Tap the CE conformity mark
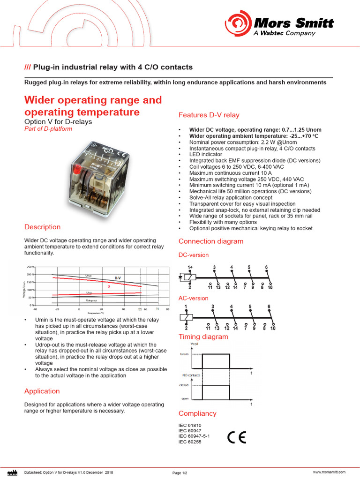[236, 437]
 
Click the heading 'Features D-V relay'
[209, 115]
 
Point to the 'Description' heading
[42, 227]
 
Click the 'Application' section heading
[42, 391]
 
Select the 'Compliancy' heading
[197, 413]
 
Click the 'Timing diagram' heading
[203, 337]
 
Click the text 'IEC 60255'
[190, 442]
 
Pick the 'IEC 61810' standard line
[190, 425]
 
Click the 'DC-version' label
[194, 255]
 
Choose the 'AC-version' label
[193, 298]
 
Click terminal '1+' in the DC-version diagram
[190, 267]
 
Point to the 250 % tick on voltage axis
[30, 266]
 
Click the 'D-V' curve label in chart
[118, 278]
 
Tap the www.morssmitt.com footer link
[329, 472]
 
